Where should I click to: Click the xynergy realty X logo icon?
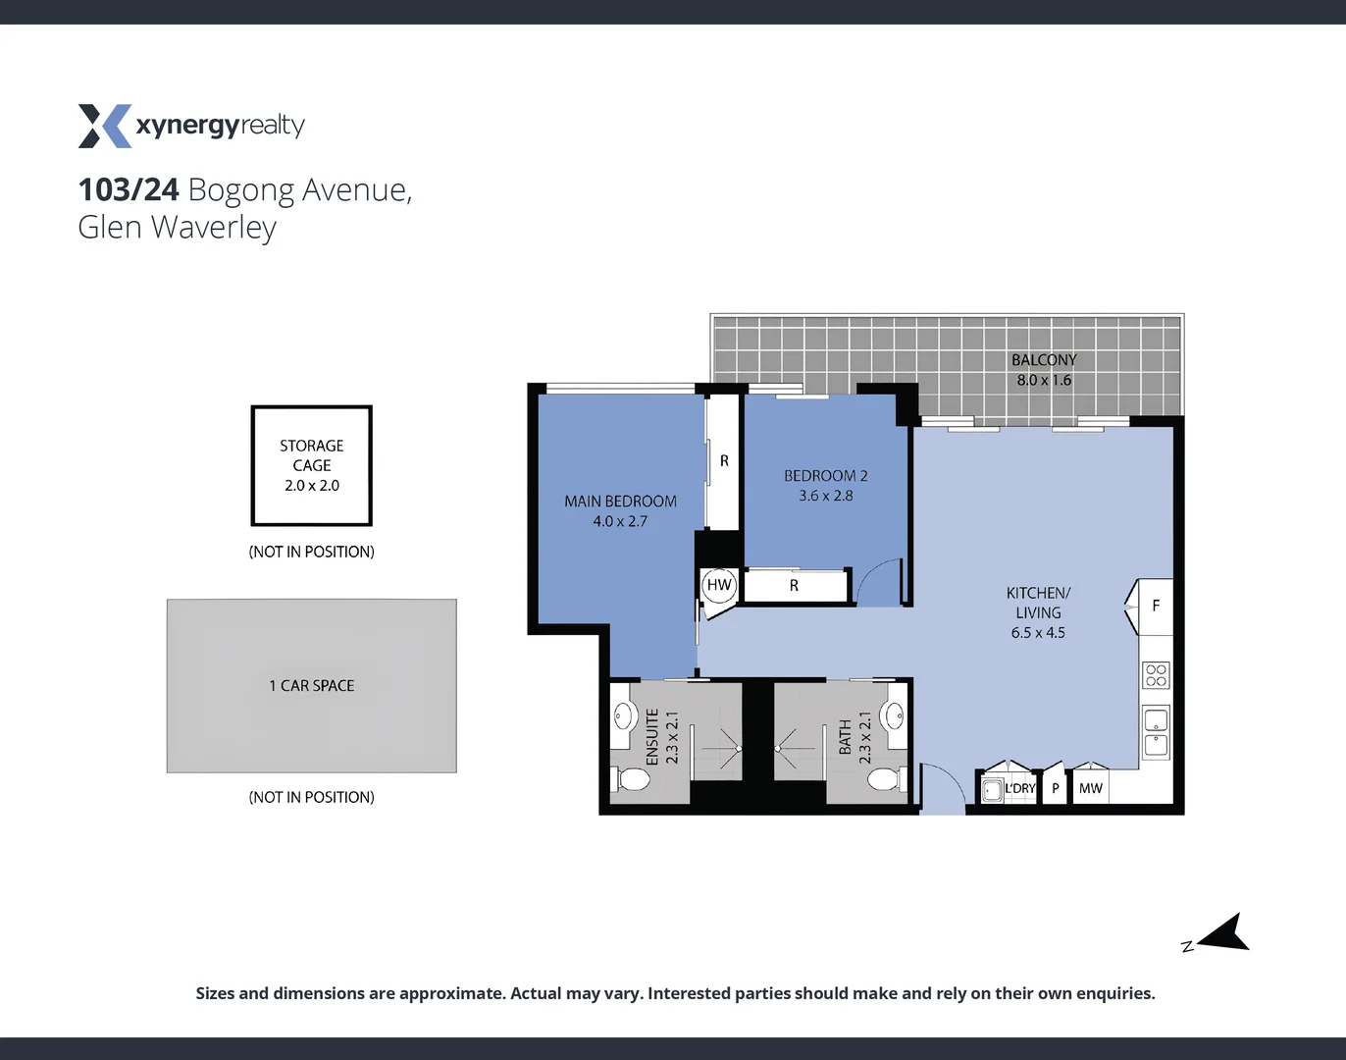104,126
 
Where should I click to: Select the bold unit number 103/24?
129,189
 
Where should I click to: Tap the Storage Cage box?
311,465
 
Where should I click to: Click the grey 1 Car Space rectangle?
311,686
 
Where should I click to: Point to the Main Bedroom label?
620,502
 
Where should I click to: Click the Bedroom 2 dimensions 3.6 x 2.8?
825,496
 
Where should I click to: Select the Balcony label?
1044,360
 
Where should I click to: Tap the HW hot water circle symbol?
719,585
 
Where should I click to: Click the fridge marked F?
1155,606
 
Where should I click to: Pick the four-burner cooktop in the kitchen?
1156,675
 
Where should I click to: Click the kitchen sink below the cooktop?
1156,732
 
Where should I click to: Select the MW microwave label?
1090,788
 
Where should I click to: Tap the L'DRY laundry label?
1019,788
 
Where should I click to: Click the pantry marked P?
1055,788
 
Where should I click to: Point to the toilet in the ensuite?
633,780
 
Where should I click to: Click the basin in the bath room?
894,715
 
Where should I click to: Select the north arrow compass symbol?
1224,933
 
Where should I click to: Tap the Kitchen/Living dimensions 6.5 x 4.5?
1038,633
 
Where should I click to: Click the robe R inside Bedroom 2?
794,586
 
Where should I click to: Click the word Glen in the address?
109,228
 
